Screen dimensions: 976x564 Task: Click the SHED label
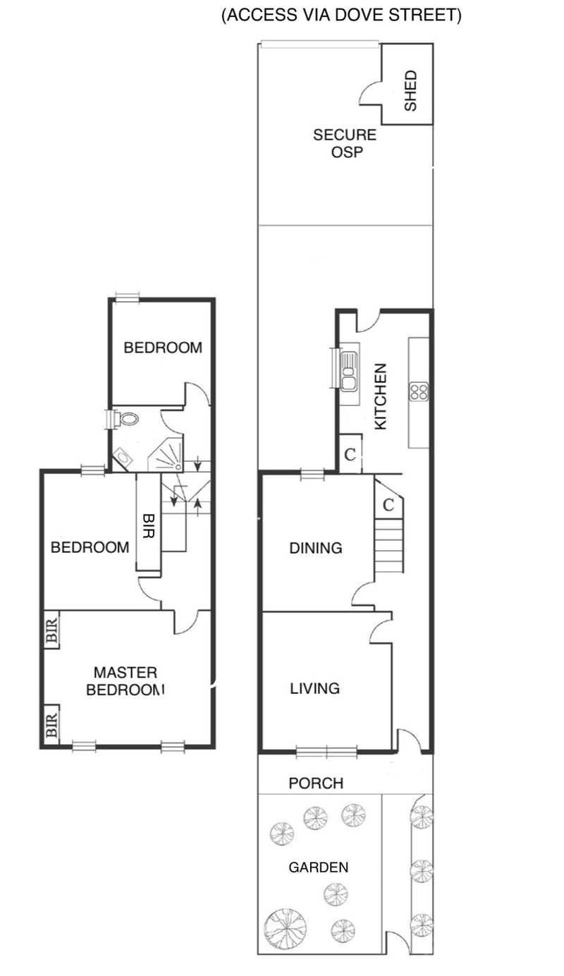click(410, 90)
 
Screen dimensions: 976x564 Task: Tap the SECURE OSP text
click(345, 143)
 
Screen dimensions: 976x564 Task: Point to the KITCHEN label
click(380, 396)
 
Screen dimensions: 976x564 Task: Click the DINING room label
click(316, 547)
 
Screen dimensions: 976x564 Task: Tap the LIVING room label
click(315, 688)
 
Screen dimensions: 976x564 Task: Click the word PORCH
click(316, 783)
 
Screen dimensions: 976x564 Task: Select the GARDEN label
click(319, 867)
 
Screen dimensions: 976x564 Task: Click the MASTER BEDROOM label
click(125, 681)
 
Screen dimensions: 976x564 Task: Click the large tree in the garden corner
click(285, 927)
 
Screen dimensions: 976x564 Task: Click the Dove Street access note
click(341, 16)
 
